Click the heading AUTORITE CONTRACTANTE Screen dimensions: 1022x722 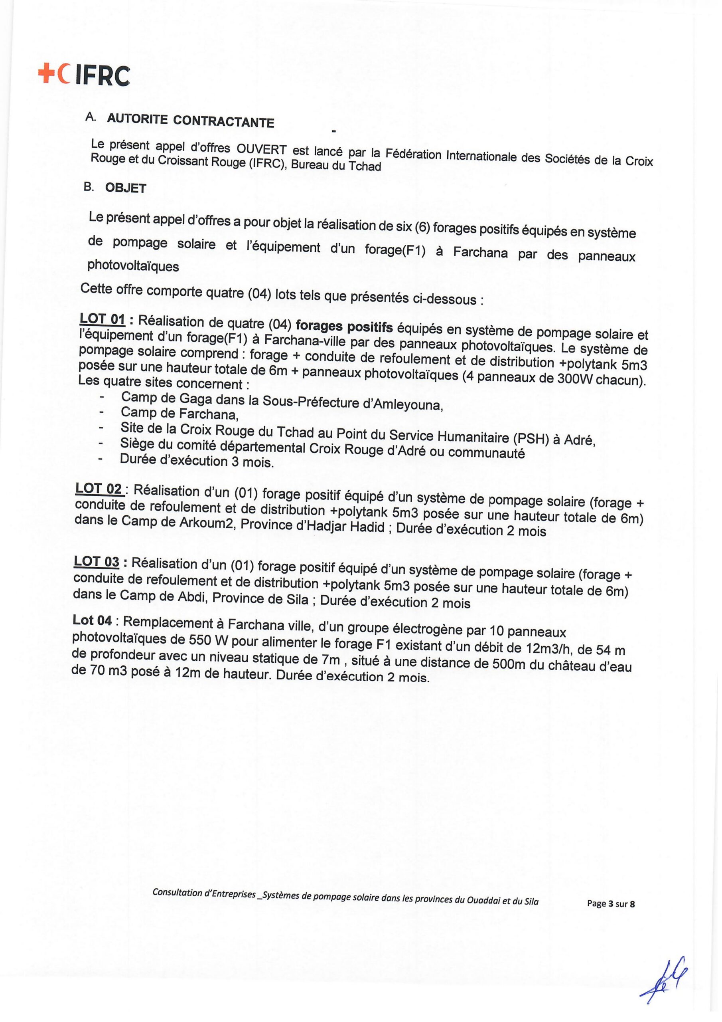(190, 120)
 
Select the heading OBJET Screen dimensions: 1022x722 (125, 188)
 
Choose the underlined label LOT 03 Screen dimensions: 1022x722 (97, 562)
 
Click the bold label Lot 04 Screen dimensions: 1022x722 (92, 620)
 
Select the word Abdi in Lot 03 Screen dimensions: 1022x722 (191, 596)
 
